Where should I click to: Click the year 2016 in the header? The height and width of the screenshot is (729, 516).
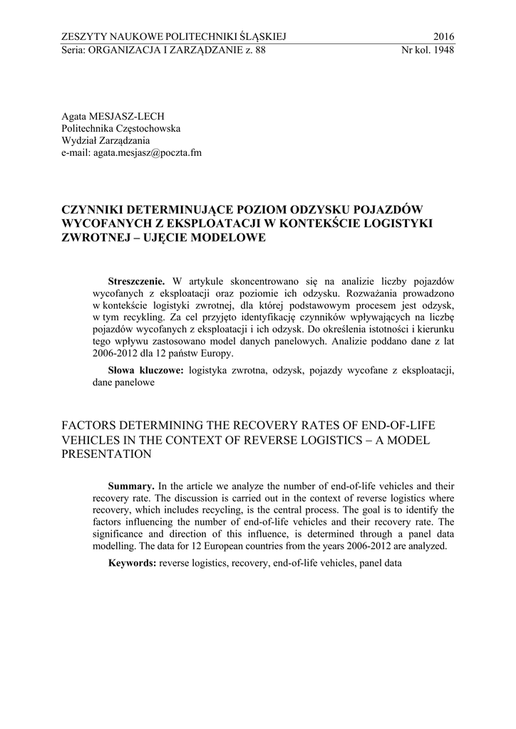[443, 37]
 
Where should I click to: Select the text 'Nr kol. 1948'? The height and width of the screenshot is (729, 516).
[428, 51]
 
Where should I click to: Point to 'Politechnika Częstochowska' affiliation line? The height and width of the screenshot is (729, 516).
[121, 128]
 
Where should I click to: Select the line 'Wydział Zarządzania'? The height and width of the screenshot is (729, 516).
[101, 140]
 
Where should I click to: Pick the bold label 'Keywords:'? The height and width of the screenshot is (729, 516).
[132, 563]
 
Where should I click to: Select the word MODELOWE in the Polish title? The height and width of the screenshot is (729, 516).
[230, 238]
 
